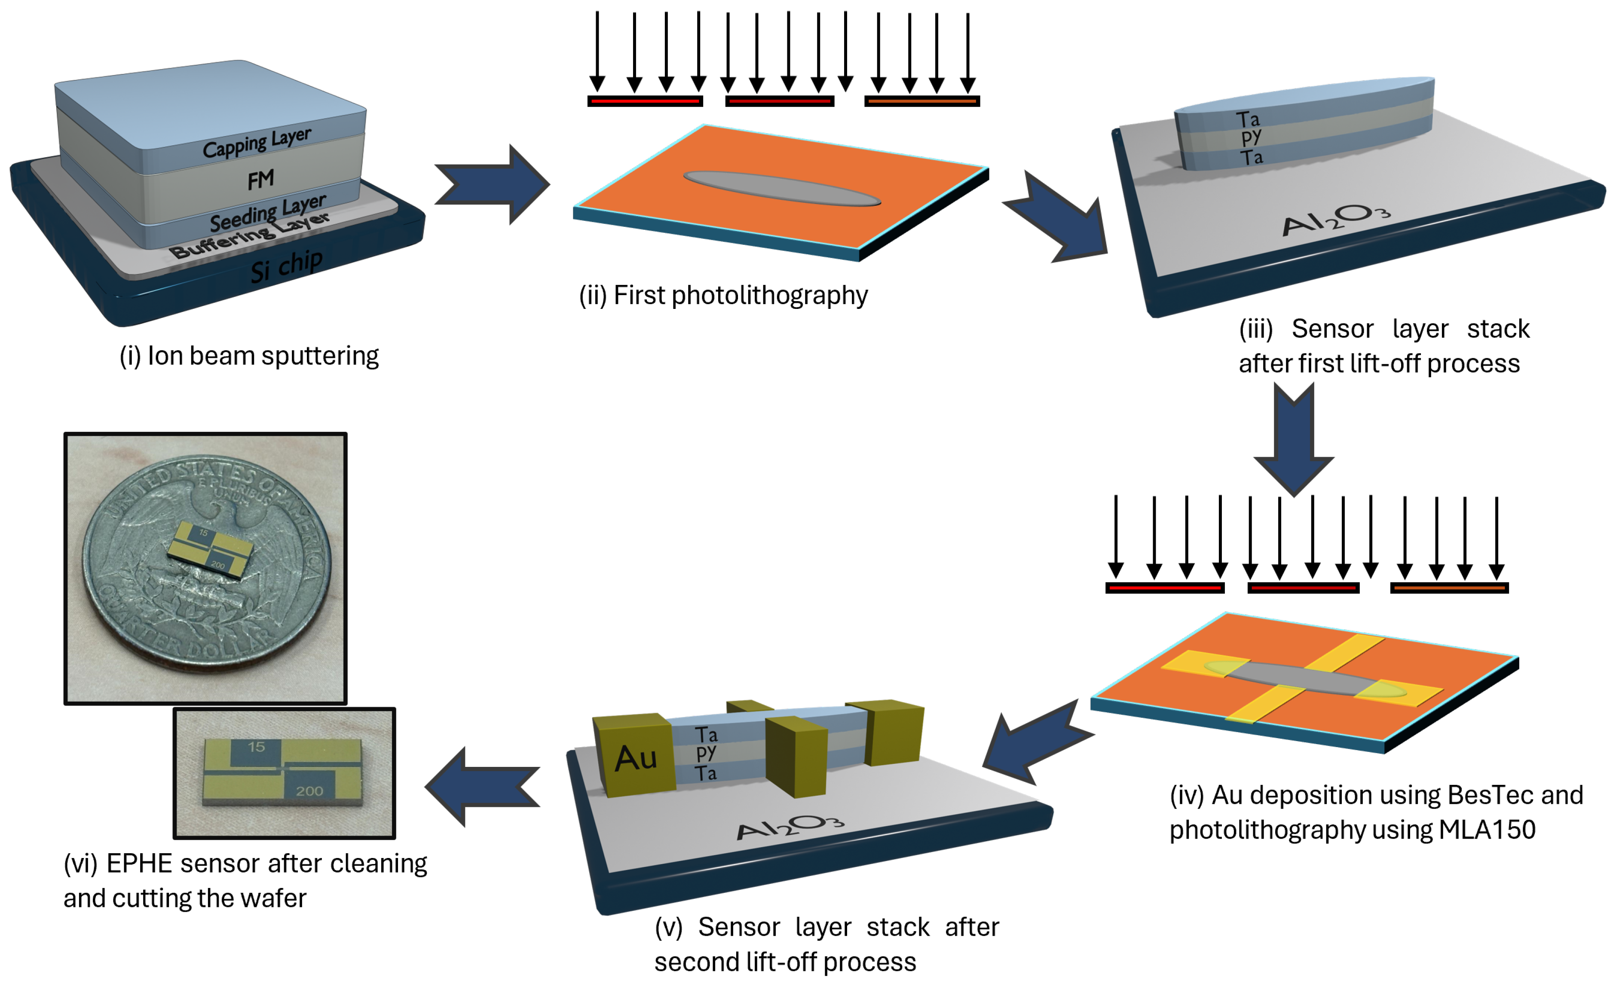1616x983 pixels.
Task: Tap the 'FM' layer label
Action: pos(260,180)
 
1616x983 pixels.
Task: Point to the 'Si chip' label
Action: pos(287,266)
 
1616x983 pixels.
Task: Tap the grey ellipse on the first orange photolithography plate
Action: pos(782,188)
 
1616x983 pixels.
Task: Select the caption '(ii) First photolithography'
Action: pos(723,296)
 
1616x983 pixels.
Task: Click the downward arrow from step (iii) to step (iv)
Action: pos(1294,440)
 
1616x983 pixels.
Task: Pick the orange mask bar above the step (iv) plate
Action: pos(1449,588)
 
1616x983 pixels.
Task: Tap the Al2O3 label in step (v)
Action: pos(790,827)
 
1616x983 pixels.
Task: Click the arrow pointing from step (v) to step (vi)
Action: pos(483,787)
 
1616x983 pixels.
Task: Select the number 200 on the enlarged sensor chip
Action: pos(309,791)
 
